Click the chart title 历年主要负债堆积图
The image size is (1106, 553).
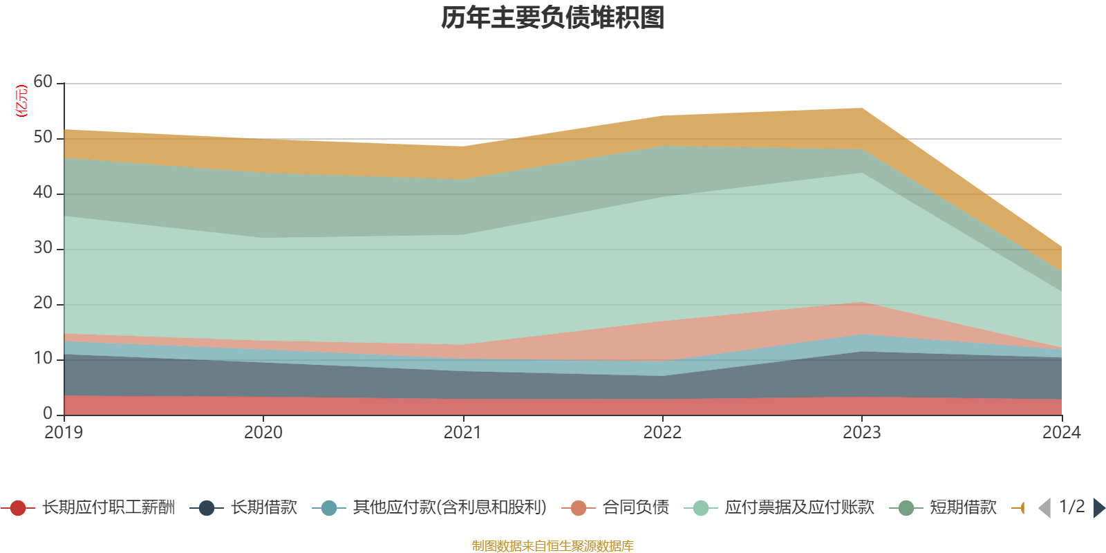tap(553, 18)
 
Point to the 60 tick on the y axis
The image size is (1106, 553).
tap(43, 82)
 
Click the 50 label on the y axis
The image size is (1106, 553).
tap(43, 138)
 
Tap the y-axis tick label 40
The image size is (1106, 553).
tap(43, 193)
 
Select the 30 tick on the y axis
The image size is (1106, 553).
tap(43, 248)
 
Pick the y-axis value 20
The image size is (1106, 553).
tap(43, 303)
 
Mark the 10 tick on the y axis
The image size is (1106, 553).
tap(43, 359)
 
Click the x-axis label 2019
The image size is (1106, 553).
tap(64, 433)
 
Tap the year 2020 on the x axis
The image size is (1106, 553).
tap(263, 433)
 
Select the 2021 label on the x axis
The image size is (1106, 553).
tap(462, 433)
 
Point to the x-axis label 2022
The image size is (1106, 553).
tap(662, 433)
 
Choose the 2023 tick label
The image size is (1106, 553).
tap(861, 433)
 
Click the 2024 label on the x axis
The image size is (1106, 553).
tap(1060, 433)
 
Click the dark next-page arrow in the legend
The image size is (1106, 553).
tap(1099, 508)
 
